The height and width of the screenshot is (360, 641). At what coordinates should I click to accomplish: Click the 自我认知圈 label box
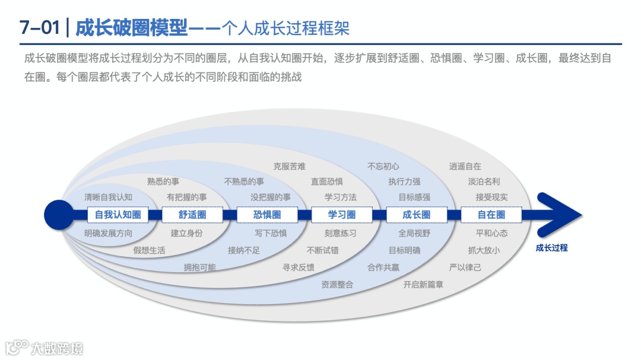click(118, 215)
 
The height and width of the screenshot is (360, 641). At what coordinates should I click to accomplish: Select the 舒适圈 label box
click(192, 215)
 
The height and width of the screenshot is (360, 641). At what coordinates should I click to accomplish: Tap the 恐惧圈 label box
click(267, 215)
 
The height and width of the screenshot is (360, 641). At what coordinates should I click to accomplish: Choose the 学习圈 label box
click(342, 215)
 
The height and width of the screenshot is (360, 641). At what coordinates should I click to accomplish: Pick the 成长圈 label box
click(416, 215)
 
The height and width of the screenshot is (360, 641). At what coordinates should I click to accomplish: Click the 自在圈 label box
click(491, 215)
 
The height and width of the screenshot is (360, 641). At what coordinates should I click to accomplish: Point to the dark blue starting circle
click(58, 215)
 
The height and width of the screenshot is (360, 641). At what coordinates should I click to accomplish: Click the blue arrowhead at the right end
click(561, 215)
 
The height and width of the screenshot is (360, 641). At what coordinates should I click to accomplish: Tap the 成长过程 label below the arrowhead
click(551, 248)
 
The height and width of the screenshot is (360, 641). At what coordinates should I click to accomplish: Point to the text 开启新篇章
click(423, 285)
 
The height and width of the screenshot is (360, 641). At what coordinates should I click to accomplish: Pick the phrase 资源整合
click(337, 285)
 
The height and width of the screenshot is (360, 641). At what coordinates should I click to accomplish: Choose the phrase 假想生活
click(149, 250)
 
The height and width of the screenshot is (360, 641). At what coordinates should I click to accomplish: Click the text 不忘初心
click(383, 167)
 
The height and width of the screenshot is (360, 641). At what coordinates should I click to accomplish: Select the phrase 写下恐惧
click(271, 234)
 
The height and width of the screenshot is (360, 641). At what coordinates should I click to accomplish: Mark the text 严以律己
click(465, 267)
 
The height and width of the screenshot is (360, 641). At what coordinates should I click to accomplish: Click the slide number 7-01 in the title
click(39, 27)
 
